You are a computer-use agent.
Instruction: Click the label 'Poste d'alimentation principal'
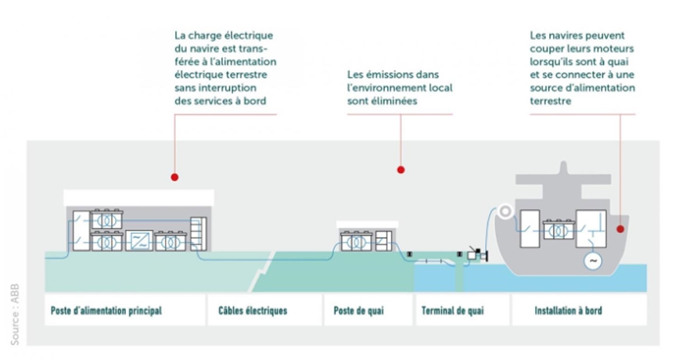click(106, 311)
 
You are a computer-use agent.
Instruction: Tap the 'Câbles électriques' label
click(253, 311)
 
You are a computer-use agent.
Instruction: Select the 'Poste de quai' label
click(358, 311)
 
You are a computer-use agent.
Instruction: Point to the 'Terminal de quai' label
click(452, 311)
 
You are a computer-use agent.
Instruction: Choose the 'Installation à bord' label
click(568, 311)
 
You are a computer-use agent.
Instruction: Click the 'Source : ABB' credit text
click(15, 315)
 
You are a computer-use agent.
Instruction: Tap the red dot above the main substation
click(174, 177)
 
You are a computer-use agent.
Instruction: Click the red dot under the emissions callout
click(401, 170)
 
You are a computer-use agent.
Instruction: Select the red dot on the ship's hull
click(620, 229)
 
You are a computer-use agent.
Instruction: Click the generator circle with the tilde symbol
click(593, 261)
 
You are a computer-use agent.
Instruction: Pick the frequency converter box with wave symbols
click(139, 240)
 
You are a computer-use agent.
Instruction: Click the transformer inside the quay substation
click(357, 241)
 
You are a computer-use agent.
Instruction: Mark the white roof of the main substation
click(138, 198)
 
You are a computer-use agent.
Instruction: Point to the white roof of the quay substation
click(368, 225)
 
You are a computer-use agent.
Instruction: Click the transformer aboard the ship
click(559, 230)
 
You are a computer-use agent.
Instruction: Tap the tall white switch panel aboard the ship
click(530, 229)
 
